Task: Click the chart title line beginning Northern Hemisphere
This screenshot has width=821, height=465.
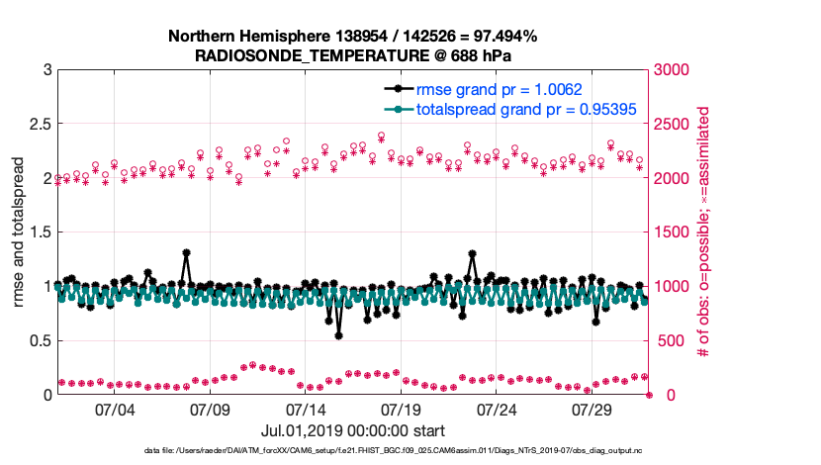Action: click(x=352, y=37)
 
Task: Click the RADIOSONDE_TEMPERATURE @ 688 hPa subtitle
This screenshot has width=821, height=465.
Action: click(x=352, y=55)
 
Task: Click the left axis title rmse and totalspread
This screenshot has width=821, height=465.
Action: click(x=19, y=232)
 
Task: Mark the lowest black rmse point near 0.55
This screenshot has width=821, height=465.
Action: click(x=338, y=335)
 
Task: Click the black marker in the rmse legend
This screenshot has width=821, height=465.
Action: click(x=397, y=89)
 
